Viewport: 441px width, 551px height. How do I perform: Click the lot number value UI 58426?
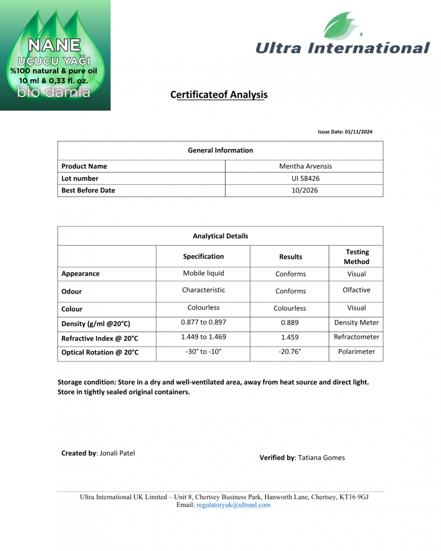(305, 179)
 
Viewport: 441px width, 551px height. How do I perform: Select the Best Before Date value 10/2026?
(305, 190)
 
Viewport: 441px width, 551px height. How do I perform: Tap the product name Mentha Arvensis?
(305, 166)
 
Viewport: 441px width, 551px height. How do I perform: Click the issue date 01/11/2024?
(358, 132)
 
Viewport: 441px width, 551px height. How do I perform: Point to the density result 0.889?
(290, 323)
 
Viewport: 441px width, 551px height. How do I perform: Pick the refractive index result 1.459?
(290, 337)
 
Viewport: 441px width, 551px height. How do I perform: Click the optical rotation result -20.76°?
(290, 352)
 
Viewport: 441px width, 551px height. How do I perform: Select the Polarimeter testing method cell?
(356, 352)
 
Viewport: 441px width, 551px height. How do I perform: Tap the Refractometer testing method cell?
(356, 337)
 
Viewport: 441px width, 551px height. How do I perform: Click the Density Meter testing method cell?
(356, 323)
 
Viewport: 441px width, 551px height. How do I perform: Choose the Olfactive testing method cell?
(356, 290)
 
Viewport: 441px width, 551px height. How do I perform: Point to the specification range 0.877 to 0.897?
(203, 322)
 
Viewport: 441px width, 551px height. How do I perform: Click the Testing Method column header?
(356, 257)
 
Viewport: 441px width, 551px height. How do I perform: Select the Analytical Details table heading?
(220, 236)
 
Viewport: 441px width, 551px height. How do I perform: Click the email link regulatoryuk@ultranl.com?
(234, 505)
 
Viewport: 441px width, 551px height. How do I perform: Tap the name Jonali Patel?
(117, 453)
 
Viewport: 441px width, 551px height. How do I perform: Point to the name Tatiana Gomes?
(321, 458)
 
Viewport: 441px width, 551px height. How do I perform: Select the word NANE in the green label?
(54, 45)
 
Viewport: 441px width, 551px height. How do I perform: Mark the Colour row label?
(72, 309)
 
